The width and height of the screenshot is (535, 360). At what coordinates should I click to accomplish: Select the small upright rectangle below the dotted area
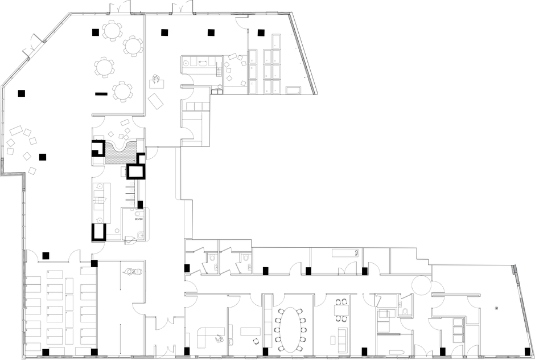123,171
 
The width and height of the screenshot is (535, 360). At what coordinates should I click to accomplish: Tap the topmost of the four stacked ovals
132,183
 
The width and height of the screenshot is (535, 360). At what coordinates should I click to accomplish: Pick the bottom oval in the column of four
132,203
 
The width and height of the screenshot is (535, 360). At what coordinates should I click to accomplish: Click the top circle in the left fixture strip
99,186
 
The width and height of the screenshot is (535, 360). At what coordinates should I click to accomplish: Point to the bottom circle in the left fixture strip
99,220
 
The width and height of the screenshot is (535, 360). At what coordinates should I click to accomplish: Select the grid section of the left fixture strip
98,200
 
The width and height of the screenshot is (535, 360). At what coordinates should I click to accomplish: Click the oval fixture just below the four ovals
138,214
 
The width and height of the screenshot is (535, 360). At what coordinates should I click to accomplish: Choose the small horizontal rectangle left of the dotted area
98,137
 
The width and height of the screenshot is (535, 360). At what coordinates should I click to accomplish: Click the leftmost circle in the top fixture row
186,63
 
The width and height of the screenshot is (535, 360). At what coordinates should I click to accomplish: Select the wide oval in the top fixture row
203,63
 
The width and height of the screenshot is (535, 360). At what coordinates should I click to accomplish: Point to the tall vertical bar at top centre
248,42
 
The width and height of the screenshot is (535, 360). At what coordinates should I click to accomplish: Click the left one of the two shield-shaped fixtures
213,257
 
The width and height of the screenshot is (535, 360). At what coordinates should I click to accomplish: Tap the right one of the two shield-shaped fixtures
246,257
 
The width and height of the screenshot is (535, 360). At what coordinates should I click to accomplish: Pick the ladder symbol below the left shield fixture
216,267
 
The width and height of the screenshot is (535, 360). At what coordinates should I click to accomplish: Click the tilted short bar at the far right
516,269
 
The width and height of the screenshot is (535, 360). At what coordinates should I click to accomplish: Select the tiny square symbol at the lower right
496,308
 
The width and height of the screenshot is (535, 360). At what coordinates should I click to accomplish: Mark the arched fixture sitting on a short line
405,312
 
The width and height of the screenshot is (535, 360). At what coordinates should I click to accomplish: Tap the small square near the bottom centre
231,342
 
